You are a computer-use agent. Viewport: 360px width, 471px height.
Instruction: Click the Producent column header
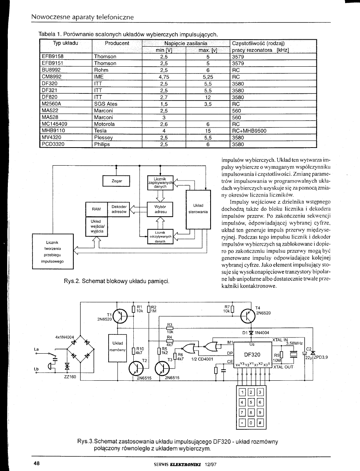(117, 43)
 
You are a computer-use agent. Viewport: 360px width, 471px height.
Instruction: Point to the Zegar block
(116, 181)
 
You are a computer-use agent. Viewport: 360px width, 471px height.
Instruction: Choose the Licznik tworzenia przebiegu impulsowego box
(53, 252)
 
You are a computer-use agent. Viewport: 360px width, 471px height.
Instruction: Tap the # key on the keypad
(259, 423)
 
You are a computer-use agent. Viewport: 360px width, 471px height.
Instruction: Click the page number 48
(37, 463)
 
